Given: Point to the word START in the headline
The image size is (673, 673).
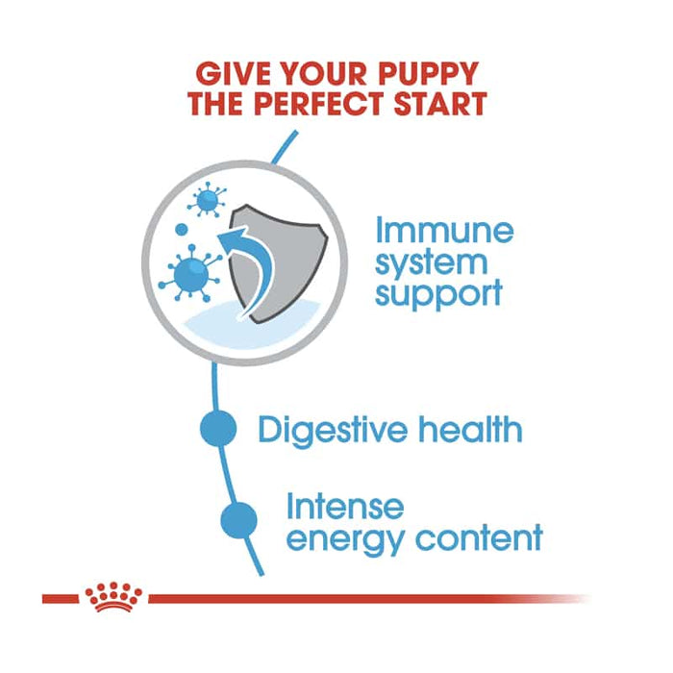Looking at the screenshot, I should pos(442,104).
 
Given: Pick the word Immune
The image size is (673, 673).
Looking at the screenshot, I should pos(444,231).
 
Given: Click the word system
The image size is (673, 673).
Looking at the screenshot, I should pos(432,262).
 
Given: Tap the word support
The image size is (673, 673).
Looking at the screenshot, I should pos(438,293).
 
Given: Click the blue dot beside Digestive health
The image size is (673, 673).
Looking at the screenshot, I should pos(218,429).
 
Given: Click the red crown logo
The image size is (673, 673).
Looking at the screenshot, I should pos(112,597).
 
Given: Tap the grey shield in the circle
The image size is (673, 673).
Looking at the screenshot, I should pos(281,262).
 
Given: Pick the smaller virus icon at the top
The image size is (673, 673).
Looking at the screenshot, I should pos(205,202).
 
